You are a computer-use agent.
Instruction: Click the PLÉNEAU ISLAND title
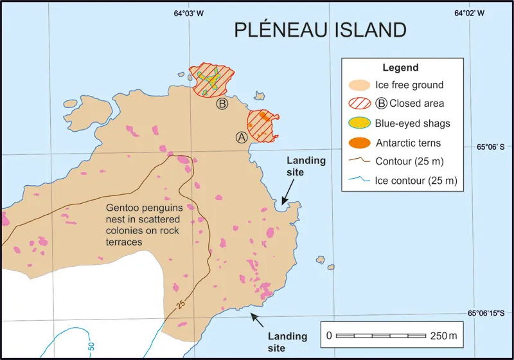(320, 30)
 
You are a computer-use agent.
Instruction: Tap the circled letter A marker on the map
(242, 137)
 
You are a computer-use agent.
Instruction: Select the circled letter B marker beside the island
(222, 104)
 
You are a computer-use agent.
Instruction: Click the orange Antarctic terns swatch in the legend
(360, 143)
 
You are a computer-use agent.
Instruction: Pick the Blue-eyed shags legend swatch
(360, 123)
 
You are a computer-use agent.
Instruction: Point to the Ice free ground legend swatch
(360, 85)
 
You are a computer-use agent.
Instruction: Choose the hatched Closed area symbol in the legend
(360, 104)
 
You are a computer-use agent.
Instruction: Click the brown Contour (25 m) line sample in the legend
(360, 162)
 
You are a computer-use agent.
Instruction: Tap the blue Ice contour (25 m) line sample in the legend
(360, 181)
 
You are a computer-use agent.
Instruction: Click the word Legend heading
(400, 67)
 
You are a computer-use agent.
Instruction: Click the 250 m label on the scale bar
(443, 336)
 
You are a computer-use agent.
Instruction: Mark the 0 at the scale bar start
(329, 336)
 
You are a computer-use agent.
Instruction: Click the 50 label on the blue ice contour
(91, 346)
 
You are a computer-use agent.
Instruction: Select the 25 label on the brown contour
(181, 302)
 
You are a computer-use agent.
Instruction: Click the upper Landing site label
(306, 166)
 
